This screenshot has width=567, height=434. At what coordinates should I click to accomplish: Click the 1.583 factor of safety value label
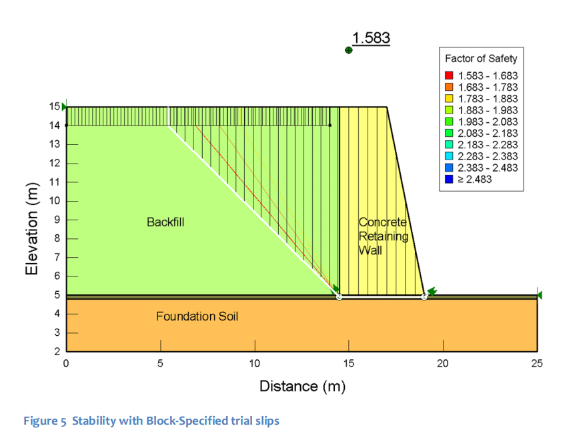coord(371,38)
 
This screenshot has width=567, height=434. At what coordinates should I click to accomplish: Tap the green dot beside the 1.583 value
coord(348,50)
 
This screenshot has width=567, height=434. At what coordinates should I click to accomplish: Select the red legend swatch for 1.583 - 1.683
coord(449,75)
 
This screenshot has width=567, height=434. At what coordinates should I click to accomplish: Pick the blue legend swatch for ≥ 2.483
coord(449,180)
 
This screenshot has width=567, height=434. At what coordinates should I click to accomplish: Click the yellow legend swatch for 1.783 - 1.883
coord(449,99)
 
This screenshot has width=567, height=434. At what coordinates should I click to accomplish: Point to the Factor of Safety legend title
coord(481,59)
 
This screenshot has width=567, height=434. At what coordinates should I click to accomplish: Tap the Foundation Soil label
coord(197,316)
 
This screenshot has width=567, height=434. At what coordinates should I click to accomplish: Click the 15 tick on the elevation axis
coord(55,106)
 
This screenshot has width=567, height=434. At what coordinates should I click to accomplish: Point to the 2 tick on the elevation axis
coord(57,351)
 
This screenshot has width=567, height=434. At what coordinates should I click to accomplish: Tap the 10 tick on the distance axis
coord(254,363)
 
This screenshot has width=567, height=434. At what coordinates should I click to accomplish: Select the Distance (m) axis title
coord(302,386)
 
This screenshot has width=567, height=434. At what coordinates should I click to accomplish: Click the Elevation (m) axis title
coord(33,229)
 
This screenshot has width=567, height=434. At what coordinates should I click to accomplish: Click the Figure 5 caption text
coord(151,421)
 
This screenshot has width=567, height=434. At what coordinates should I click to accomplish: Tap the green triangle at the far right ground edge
coord(539,295)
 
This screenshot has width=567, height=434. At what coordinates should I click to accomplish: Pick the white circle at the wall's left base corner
coord(339,296)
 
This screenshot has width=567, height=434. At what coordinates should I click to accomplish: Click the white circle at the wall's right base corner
coord(424,296)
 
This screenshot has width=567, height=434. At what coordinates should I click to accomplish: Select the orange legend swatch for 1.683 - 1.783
coord(449,87)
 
